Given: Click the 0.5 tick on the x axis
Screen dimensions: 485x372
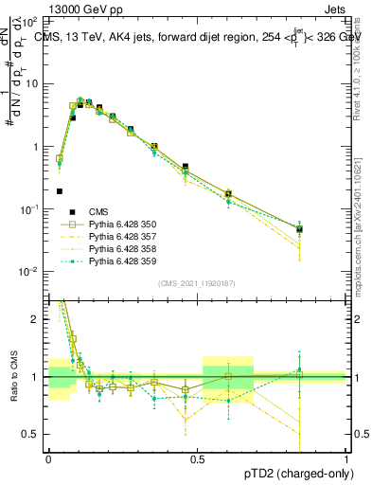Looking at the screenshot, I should pyautogui.click(x=197, y=459).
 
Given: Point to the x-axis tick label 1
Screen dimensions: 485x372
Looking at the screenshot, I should pyautogui.click(x=345, y=459).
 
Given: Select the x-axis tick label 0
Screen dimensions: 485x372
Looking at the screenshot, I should pyautogui.click(x=48, y=459).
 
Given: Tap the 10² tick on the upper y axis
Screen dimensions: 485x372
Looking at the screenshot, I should pyautogui.click(x=32, y=20).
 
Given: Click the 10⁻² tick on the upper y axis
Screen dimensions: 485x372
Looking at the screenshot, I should pyautogui.click(x=32, y=272).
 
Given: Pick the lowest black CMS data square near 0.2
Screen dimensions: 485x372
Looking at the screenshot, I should pyautogui.click(x=60, y=190).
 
